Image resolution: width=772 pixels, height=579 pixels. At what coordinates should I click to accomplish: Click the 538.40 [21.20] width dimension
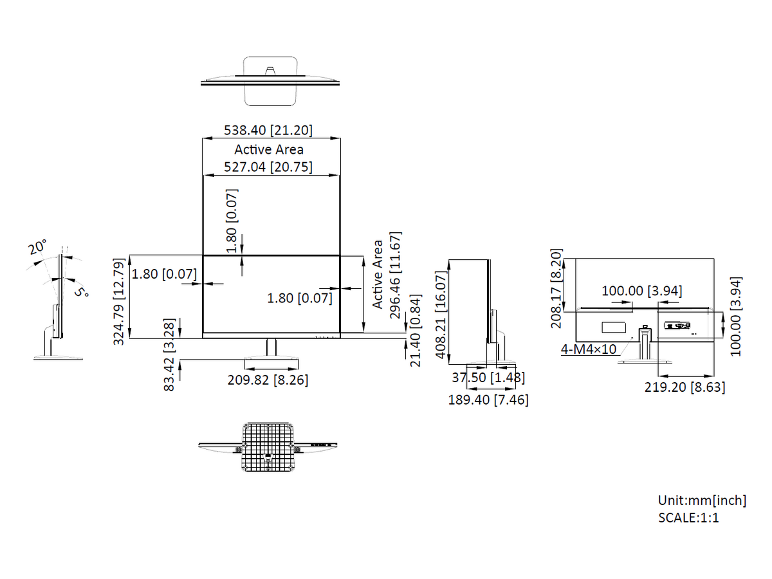click(268, 131)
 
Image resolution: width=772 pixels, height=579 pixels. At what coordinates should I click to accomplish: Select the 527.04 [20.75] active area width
click(268, 167)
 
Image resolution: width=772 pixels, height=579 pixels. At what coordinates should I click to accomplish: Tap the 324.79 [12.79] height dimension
click(119, 302)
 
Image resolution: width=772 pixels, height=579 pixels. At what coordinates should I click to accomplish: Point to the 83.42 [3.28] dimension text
click(169, 354)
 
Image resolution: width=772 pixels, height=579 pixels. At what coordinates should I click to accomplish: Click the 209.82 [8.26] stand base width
click(268, 380)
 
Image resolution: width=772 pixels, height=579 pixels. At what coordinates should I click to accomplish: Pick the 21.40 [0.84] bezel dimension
click(416, 331)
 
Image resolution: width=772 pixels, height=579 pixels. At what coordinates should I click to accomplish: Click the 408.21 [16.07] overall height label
click(440, 315)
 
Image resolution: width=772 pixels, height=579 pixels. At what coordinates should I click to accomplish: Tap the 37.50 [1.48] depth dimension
click(488, 378)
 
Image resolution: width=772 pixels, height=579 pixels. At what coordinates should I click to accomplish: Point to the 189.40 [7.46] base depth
click(488, 400)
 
